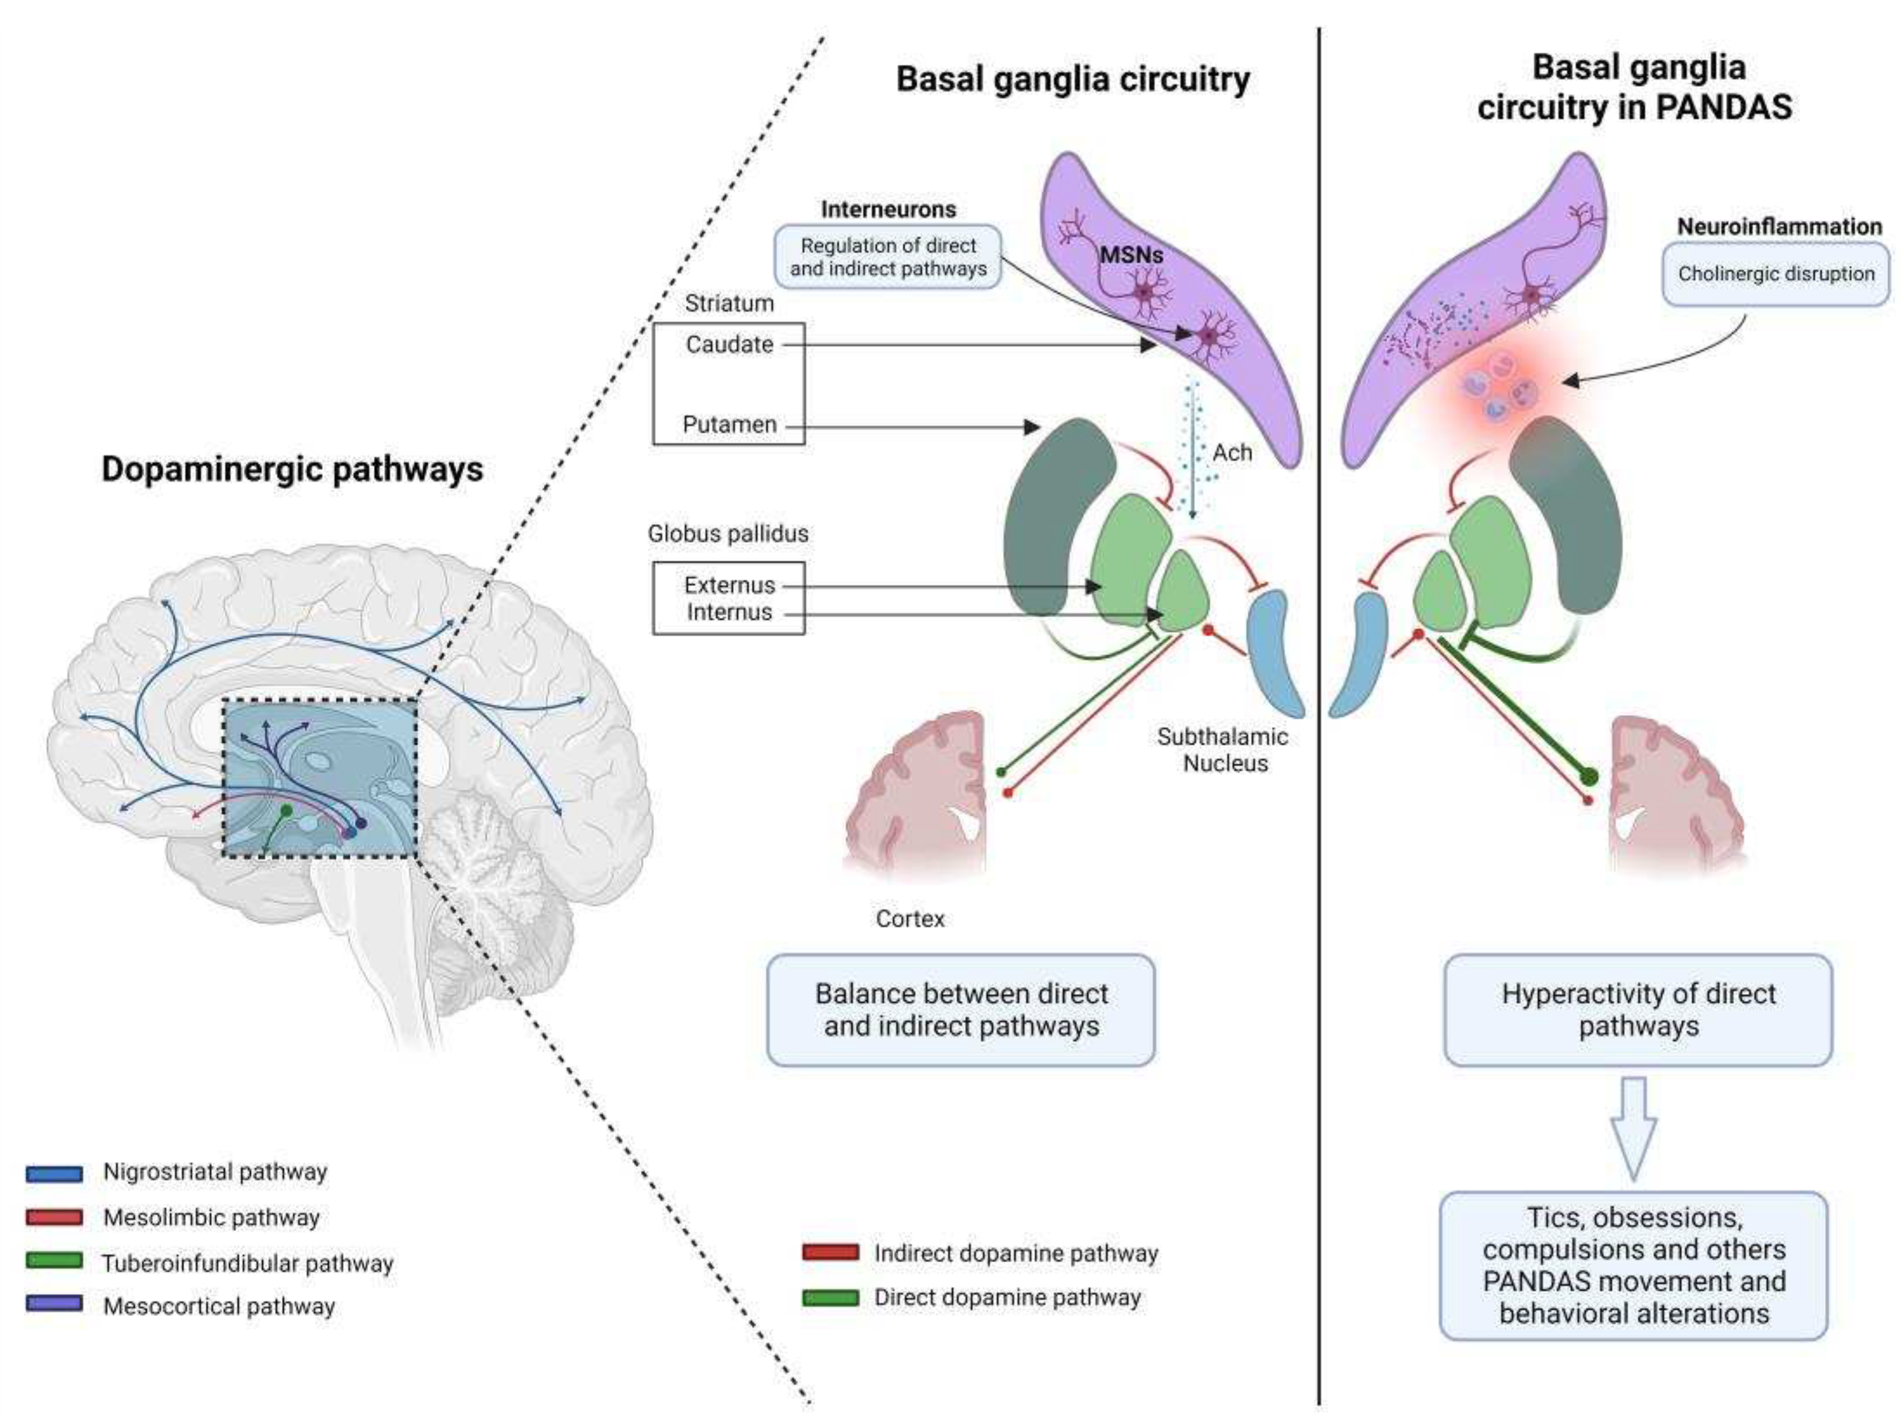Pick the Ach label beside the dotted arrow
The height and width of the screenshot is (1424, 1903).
(1232, 453)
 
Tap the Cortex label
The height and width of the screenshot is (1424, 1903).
(909, 919)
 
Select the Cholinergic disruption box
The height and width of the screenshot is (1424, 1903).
(1776, 274)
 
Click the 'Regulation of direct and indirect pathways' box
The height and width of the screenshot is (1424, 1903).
(888, 257)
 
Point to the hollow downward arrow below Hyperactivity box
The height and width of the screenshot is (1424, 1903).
(1633, 1127)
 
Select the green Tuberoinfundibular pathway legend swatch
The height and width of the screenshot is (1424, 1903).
(54, 1262)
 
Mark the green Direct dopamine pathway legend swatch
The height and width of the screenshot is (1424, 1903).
(830, 1298)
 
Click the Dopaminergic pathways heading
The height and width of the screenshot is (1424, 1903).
(292, 469)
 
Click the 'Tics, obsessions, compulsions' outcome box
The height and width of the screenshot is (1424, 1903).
(1633, 1265)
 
